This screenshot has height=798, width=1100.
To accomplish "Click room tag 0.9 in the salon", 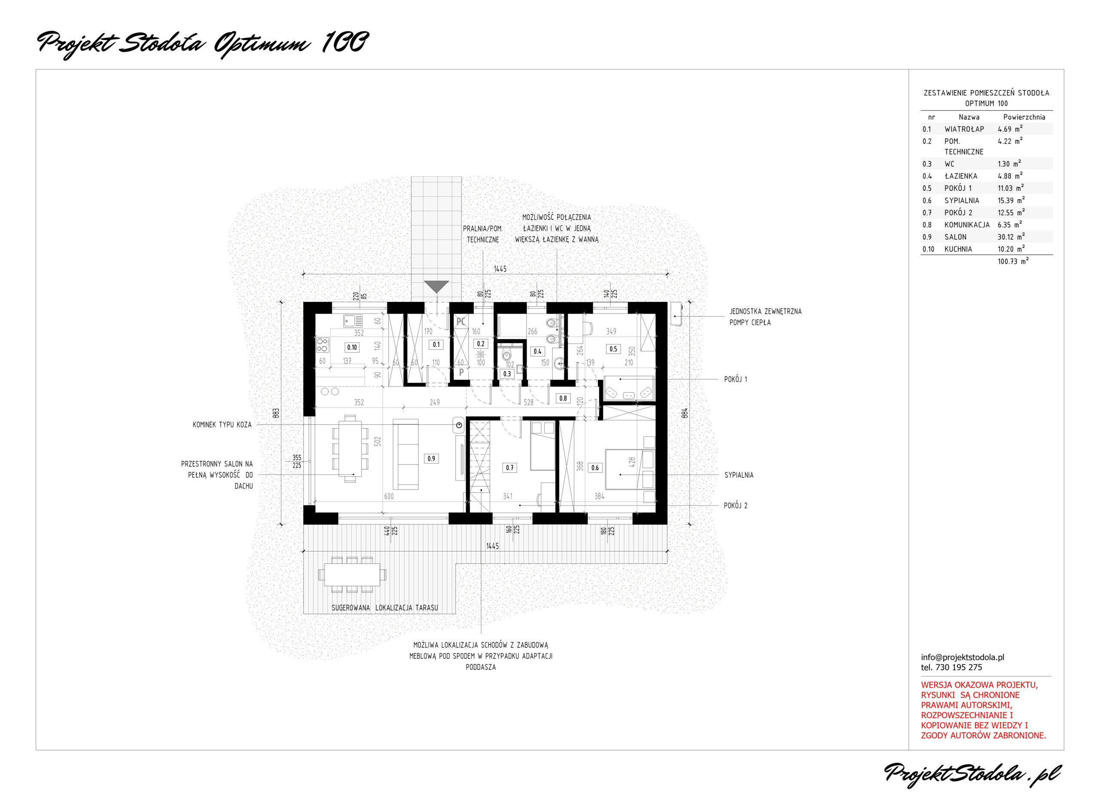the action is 431,459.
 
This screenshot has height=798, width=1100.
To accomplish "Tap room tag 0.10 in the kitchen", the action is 352,347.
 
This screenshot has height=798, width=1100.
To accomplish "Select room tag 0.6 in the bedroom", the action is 595,468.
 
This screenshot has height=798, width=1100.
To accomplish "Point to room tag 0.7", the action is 509,468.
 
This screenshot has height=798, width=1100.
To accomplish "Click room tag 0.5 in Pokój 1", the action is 613,349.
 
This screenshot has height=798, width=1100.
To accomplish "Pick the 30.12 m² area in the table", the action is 1011,237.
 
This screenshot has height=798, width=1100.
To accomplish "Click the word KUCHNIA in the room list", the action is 958,249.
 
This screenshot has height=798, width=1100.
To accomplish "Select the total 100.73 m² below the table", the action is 1013,261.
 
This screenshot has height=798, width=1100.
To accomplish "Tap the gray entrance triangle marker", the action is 436,286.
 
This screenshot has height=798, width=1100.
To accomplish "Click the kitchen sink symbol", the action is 353,320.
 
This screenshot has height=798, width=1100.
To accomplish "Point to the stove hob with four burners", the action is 323,345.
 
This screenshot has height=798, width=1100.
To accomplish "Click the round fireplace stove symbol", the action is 459,426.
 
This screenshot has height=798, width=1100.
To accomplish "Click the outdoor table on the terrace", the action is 352,575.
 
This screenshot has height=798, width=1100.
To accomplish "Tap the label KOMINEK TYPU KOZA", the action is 222,425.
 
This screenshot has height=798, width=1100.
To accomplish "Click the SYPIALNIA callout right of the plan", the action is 739,475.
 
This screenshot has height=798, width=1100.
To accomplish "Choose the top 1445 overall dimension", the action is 500,268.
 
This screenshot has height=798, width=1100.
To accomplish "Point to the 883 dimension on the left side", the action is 276,413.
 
